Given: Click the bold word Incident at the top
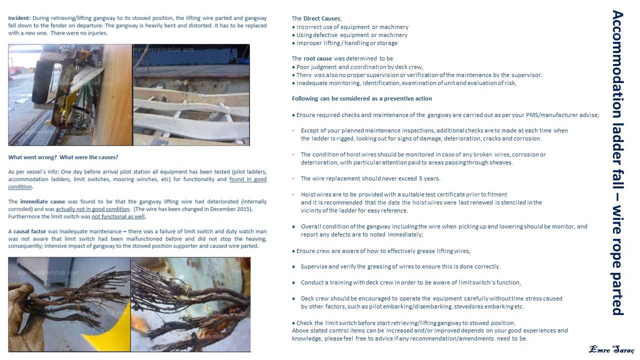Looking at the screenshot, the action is (19, 18).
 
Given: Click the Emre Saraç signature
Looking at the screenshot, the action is (611, 349).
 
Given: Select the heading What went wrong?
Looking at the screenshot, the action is (32, 157).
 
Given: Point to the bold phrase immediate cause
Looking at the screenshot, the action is (42, 201).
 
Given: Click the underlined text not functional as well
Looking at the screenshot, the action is (118, 216).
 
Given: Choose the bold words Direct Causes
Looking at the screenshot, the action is (321, 18).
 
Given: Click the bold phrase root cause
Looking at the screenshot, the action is (317, 58).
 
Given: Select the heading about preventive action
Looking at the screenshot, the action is (361, 98).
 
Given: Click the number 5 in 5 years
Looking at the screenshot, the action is (420, 178).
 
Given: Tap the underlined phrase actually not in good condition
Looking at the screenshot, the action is (92, 209).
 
